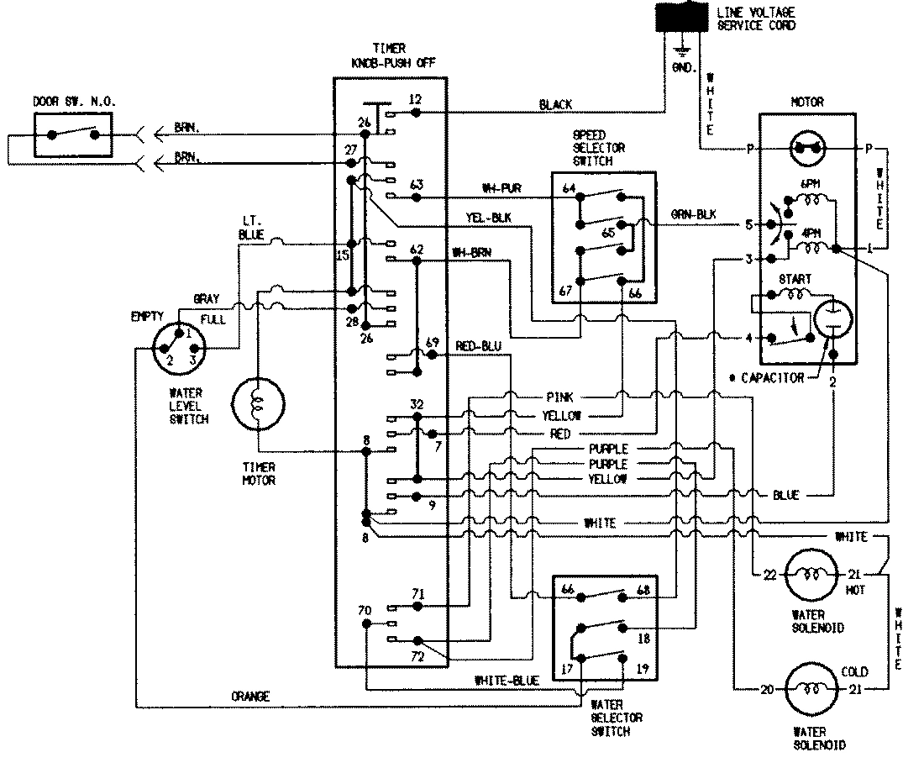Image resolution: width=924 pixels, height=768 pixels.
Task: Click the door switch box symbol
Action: point(72,134)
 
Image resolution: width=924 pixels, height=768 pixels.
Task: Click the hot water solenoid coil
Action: point(811,574)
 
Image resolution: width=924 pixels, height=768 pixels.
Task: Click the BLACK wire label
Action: point(555,105)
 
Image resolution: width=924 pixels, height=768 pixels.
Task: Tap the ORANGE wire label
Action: point(251,696)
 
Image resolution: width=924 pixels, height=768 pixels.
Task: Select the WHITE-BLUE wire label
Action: point(506,681)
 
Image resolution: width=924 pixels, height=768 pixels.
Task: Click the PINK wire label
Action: point(559,396)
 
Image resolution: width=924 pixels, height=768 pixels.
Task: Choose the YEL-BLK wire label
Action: point(488,217)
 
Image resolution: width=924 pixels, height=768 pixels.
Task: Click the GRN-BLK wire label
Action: point(692,215)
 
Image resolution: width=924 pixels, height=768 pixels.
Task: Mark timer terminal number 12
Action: point(416,98)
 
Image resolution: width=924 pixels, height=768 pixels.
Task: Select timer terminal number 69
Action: point(433,342)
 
